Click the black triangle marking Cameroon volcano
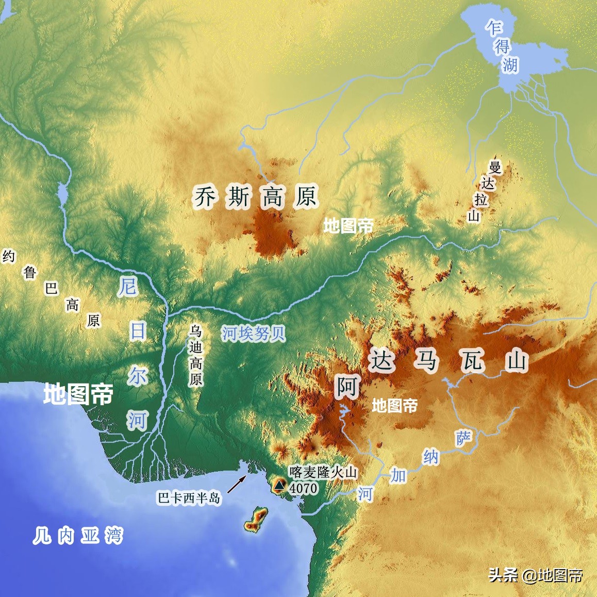[279, 485]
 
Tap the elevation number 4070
[303, 487]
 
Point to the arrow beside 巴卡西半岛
[237, 484]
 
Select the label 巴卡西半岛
[189, 498]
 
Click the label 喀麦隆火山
[323, 472]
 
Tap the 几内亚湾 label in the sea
[78, 536]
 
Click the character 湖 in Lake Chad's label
[510, 65]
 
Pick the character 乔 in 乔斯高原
[205, 196]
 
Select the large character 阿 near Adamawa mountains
[347, 387]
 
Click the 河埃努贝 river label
[254, 334]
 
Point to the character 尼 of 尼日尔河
[128, 286]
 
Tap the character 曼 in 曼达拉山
[495, 167]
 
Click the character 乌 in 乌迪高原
[195, 331]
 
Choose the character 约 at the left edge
[9, 256]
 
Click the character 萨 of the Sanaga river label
[463, 438]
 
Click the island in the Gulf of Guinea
[256, 519]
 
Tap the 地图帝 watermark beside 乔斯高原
[349, 225]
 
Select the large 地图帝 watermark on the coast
[78, 394]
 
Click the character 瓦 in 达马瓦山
[472, 360]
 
